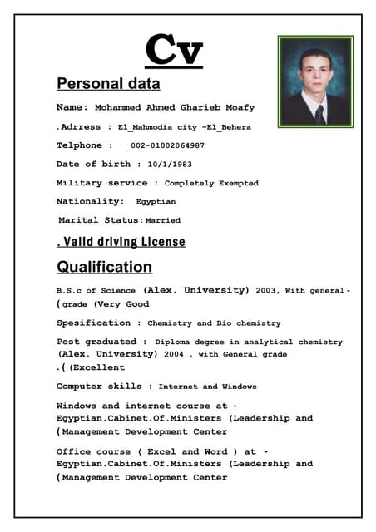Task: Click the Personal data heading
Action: (108, 84)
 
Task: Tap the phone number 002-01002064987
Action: (167, 145)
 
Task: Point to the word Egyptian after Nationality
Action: (156, 202)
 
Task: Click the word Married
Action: (163, 221)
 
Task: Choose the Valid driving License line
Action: (121, 242)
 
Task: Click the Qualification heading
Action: (104, 267)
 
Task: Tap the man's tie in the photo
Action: (319, 114)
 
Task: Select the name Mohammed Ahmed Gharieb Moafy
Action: (175, 108)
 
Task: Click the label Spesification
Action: (93, 323)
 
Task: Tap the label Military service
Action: (101, 183)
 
